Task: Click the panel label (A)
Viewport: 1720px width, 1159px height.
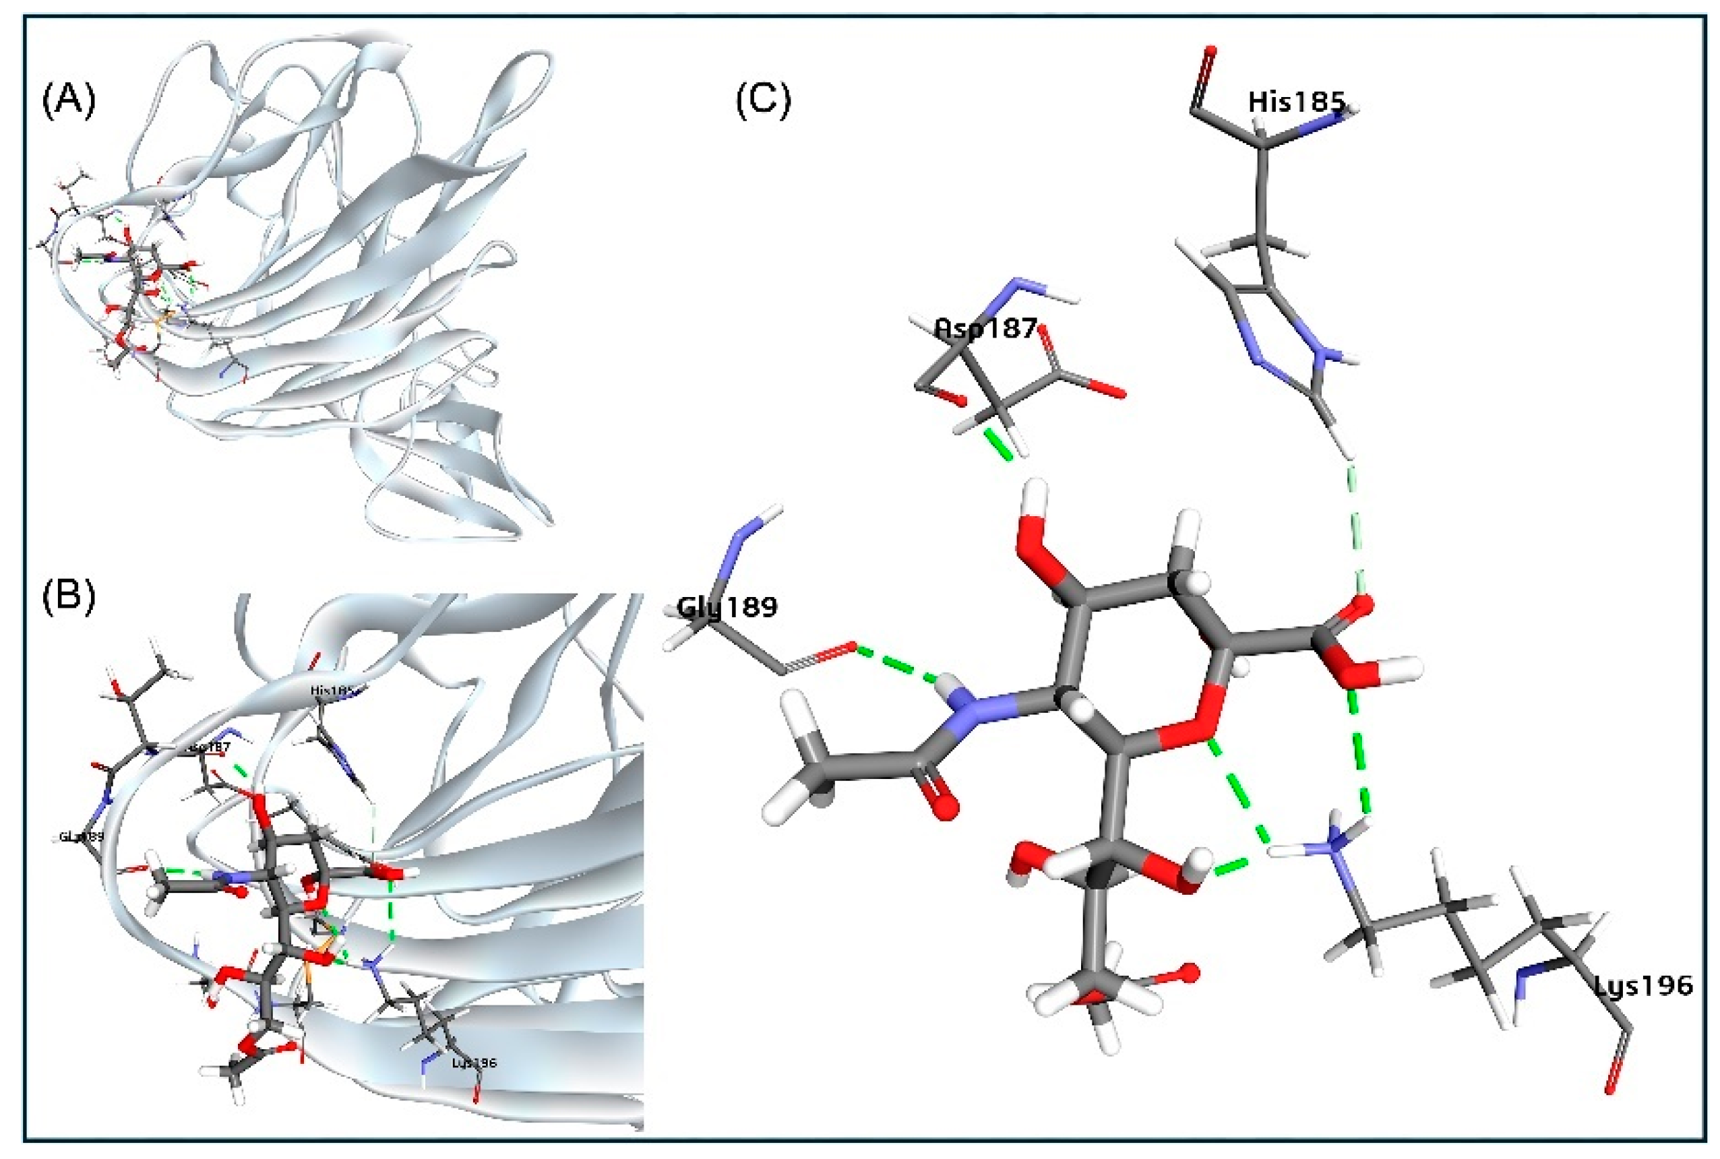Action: pyautogui.click(x=69, y=100)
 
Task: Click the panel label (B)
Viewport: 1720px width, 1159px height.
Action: pyautogui.click(x=69, y=596)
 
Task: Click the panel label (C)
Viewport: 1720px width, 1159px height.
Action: pyautogui.click(x=763, y=100)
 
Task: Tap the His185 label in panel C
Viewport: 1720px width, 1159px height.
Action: pyautogui.click(x=1295, y=102)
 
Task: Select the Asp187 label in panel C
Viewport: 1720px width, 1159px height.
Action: pyautogui.click(x=985, y=327)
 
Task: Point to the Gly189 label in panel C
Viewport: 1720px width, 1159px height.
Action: pyautogui.click(x=727, y=607)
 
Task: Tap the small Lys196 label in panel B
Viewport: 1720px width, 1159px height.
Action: pyautogui.click(x=474, y=1063)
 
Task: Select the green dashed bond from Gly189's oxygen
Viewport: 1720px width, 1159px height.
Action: pyautogui.click(x=896, y=664)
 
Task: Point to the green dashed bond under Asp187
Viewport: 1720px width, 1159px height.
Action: pyautogui.click(x=998, y=444)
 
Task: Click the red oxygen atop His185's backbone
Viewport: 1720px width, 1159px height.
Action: pyautogui.click(x=1210, y=54)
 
